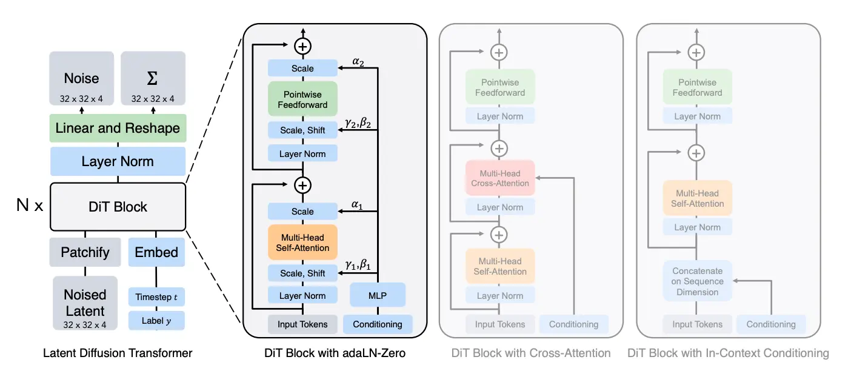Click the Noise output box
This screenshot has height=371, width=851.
[x=81, y=78]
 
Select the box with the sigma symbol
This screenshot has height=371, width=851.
[x=153, y=78]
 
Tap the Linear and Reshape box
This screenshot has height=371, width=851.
[x=118, y=128]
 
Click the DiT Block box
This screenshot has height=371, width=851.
[x=118, y=207]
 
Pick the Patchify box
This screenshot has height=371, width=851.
[x=85, y=252]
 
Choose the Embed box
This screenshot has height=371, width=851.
[x=156, y=252]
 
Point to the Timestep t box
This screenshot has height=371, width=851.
[x=156, y=297]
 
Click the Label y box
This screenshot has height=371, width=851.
[x=156, y=321]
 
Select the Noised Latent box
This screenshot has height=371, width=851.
[x=85, y=303]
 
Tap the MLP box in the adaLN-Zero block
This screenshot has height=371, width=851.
[x=378, y=295]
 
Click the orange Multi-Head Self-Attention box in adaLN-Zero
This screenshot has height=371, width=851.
[x=303, y=242]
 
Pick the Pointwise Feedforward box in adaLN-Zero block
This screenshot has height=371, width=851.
[x=303, y=99]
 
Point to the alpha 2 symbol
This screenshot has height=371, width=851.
[x=358, y=61]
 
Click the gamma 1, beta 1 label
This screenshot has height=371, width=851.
[x=358, y=264]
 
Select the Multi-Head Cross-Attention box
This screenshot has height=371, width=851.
[x=500, y=178]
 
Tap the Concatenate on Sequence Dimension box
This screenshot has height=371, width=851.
[x=698, y=281]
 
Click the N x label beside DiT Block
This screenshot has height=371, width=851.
[x=30, y=206]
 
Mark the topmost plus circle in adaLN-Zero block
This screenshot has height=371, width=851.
[x=303, y=46]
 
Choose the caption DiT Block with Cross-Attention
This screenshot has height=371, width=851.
[x=531, y=353]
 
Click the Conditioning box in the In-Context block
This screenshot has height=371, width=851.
[x=771, y=324]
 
